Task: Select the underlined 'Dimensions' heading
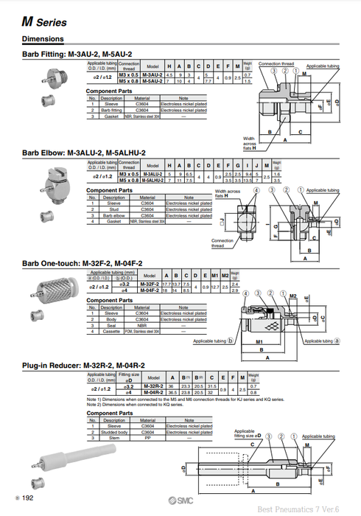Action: tap(42, 38)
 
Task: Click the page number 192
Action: tap(27, 499)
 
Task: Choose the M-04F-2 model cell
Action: tap(150, 290)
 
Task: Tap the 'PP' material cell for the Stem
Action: tap(148, 437)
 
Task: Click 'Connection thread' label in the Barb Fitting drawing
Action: tap(275, 64)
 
